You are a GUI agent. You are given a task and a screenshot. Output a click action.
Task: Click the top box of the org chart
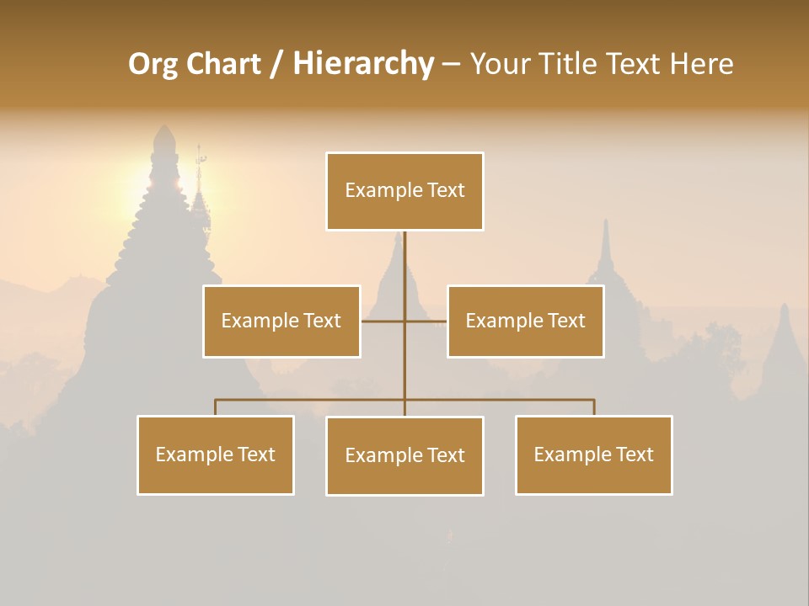(x=404, y=191)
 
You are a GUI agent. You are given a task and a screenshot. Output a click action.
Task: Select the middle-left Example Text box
(x=281, y=321)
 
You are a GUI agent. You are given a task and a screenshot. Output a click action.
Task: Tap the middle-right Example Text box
(x=525, y=321)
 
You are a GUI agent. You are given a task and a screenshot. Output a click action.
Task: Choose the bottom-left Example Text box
(x=216, y=454)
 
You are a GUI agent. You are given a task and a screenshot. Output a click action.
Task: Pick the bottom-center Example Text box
(x=404, y=455)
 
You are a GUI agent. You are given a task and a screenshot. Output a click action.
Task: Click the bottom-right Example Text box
(x=593, y=454)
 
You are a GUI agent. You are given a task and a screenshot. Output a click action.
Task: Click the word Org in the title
(x=153, y=64)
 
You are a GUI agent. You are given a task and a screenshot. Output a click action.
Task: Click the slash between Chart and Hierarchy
(x=276, y=65)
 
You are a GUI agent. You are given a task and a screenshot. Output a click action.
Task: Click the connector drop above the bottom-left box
(x=216, y=407)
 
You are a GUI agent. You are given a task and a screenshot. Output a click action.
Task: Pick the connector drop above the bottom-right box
(x=594, y=407)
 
